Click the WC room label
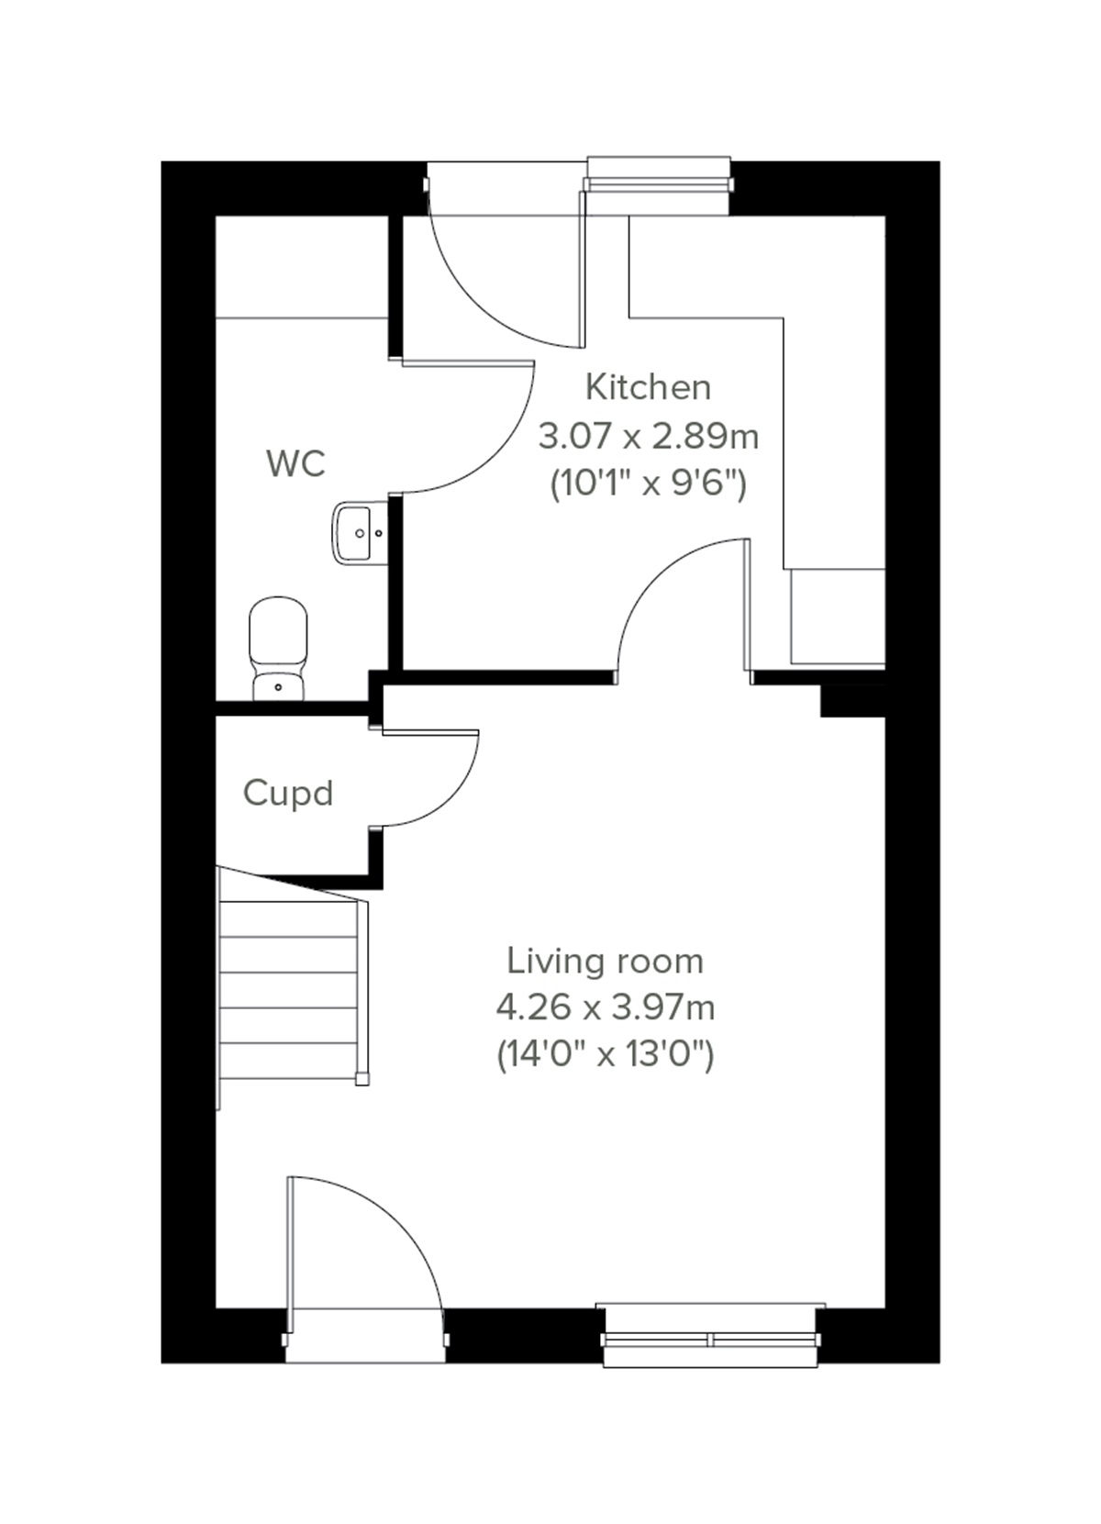click(295, 464)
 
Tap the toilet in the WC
click(277, 648)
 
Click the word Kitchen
click(648, 387)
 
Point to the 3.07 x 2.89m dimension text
click(648, 436)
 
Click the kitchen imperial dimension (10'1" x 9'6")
click(648, 483)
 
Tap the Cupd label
click(287, 793)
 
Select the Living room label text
click(606, 961)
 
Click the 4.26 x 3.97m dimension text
click(606, 1007)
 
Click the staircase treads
click(289, 991)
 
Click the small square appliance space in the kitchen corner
click(837, 616)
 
